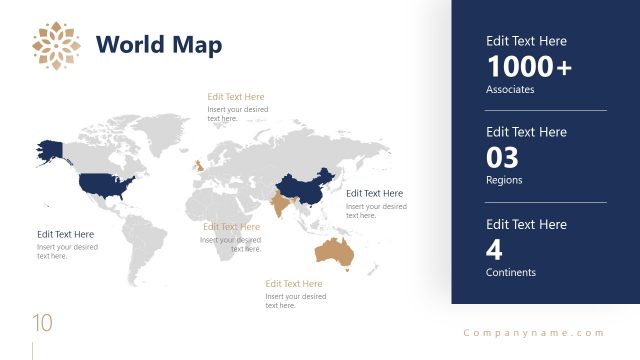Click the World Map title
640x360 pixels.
coord(159,45)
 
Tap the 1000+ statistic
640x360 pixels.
coord(529,67)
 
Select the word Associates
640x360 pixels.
coord(510,89)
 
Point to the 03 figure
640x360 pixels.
coord(503,158)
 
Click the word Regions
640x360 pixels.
coord(504,180)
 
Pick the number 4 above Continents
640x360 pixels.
coord(494,250)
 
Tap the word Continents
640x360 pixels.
coord(511,272)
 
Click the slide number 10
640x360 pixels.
coord(42,323)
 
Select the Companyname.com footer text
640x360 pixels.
coord(534,333)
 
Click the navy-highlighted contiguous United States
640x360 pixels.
coord(106,184)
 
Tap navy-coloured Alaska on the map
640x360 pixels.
coord(49,149)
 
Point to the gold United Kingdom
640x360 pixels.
coord(198,164)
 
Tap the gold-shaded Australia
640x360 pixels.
coord(334,253)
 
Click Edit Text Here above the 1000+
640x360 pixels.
coord(526,41)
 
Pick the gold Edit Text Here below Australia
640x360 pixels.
coord(294,284)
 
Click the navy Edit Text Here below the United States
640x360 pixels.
coord(66,234)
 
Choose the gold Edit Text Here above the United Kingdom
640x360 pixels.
coord(236,97)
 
